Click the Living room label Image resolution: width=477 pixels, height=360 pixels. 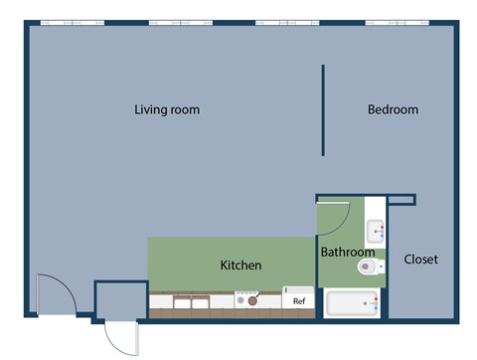pyautogui.click(x=167, y=109)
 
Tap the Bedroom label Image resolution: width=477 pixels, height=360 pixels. pyautogui.click(x=393, y=109)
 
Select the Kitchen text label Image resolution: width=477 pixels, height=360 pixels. pyautogui.click(x=240, y=266)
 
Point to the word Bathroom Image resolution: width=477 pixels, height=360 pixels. pyautogui.click(x=347, y=253)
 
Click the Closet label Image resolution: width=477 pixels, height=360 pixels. pyautogui.click(x=420, y=260)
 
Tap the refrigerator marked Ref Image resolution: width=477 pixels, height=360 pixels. pyautogui.click(x=298, y=299)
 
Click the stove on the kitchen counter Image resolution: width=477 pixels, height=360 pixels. pyautogui.click(x=246, y=298)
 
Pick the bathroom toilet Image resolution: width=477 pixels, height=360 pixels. pyautogui.click(x=371, y=267)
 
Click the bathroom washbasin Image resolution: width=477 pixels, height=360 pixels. pyautogui.click(x=375, y=233)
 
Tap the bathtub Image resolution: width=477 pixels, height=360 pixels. pyautogui.click(x=353, y=303)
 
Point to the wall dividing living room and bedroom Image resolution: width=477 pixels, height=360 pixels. pyautogui.click(x=323, y=110)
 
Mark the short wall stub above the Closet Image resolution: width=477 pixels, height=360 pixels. pyautogui.click(x=401, y=200)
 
